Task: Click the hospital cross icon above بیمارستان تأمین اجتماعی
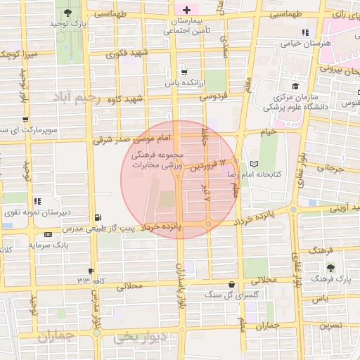coord(186,9)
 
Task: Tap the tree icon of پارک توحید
coord(67,13)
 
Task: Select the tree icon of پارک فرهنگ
coord(330,268)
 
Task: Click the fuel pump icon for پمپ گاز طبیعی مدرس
coord(97,218)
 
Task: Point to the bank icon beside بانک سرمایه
coord(47,234)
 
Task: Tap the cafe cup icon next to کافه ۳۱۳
coord(91,271)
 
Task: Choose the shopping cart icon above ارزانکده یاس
coord(184,71)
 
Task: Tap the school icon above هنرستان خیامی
coord(304,32)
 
